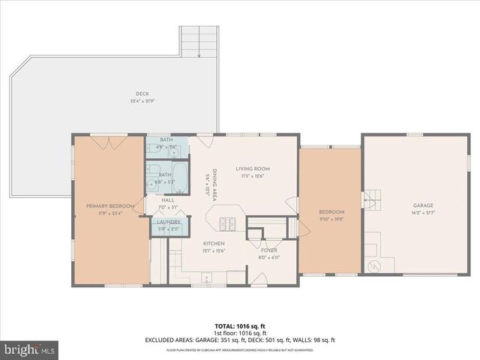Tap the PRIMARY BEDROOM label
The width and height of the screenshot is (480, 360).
point(109,206)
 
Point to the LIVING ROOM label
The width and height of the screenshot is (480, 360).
point(252,169)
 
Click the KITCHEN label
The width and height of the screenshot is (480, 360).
point(214,244)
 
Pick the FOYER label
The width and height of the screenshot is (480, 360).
point(270,250)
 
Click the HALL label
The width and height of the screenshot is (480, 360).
point(168,200)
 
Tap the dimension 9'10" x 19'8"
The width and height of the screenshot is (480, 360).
point(331,219)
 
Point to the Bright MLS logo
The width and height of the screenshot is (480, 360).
point(30,349)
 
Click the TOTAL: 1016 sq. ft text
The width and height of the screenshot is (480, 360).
point(239,326)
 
